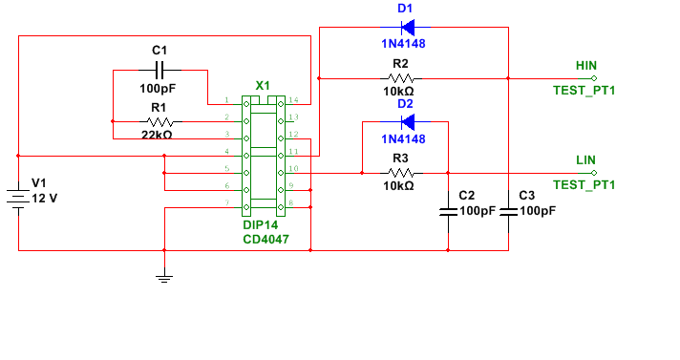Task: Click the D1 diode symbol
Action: click(x=407, y=28)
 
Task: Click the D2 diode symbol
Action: click(x=407, y=122)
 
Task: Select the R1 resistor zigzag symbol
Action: click(x=160, y=122)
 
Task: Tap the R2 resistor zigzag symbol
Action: click(x=401, y=78)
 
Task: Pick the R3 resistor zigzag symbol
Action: click(x=401, y=173)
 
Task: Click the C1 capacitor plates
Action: click(x=159, y=70)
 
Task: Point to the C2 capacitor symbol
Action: click(x=448, y=212)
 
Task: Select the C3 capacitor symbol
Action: click(x=508, y=212)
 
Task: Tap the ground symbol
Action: click(x=164, y=278)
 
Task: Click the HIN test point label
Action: click(x=586, y=66)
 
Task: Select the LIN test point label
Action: click(x=585, y=160)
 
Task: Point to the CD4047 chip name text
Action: click(x=266, y=239)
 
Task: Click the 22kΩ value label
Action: click(x=157, y=135)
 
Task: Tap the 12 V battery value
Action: click(x=45, y=199)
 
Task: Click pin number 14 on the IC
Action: click(x=293, y=99)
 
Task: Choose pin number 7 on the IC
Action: click(x=226, y=202)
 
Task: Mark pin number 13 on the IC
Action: click(x=293, y=116)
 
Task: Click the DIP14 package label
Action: click(x=260, y=224)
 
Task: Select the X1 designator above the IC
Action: click(x=263, y=85)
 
